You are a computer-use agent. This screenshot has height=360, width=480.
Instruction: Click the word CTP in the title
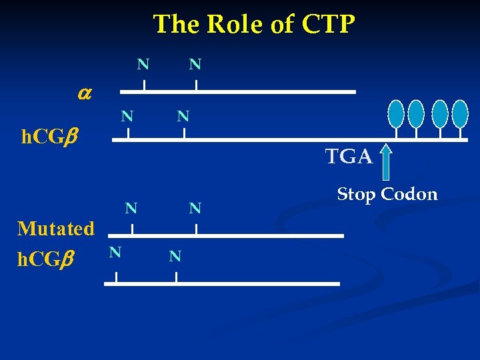point(329,25)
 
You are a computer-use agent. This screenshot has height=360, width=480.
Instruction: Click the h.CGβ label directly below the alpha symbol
point(48,138)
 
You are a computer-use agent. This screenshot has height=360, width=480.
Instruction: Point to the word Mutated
point(56,229)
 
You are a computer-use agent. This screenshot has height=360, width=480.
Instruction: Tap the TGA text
point(349,157)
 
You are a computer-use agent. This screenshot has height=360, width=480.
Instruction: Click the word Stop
point(357,194)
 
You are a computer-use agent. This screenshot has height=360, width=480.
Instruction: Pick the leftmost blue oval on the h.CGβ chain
point(397,114)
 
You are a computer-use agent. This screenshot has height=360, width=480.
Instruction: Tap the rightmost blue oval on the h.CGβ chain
point(460,114)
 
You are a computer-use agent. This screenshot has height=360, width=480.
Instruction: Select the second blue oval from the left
point(416,114)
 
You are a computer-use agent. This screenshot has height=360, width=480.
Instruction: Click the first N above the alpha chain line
point(143,65)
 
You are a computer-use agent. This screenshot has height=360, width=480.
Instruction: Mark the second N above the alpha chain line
point(195,65)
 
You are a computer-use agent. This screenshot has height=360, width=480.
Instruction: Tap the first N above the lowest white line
point(115,252)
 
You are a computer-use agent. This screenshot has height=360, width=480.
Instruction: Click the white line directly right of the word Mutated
point(226,235)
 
